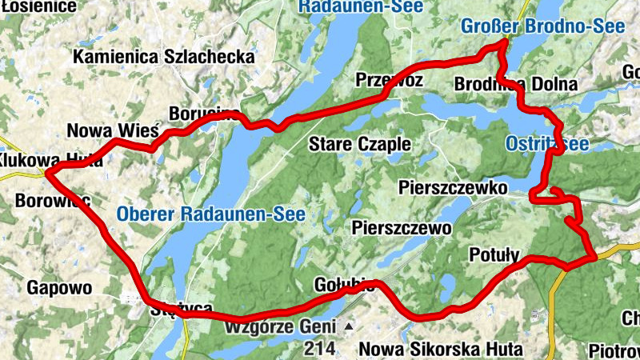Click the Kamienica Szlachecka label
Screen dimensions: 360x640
[163, 58]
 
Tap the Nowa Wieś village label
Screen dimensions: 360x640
[113, 130]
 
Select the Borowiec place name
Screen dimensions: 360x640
[51, 201]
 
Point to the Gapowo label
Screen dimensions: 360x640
[60, 286]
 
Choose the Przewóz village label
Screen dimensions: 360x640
[389, 80]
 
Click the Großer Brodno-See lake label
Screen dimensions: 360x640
[542, 26]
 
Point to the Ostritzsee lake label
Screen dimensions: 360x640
[547, 144]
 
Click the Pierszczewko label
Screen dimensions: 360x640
[453, 188]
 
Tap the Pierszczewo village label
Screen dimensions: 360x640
[402, 228]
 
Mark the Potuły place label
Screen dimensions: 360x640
[495, 255]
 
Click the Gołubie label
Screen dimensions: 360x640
[345, 286]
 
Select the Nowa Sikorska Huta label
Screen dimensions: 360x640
[440, 350]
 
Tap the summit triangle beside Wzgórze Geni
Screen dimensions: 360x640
[348, 327]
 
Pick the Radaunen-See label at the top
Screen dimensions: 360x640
[350, 6]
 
